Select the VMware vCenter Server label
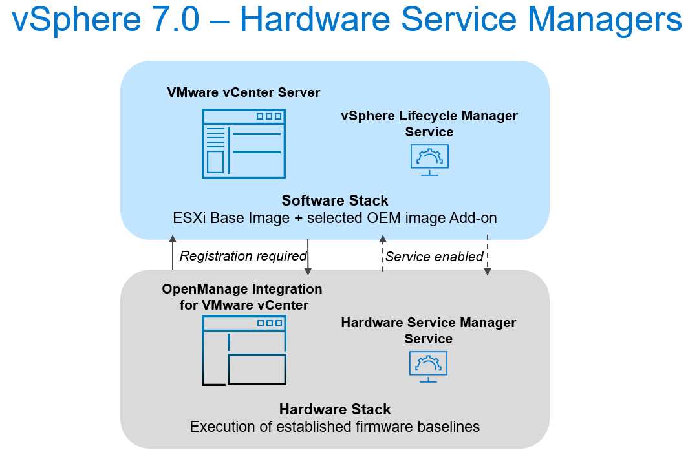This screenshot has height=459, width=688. click(x=243, y=92)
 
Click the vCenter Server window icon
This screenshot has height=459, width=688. click(x=243, y=144)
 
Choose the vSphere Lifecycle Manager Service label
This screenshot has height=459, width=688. click(x=429, y=123)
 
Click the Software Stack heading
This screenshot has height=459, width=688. click(x=335, y=200)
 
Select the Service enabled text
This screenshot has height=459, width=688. click(x=435, y=257)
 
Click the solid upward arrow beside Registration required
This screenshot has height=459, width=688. click(x=173, y=253)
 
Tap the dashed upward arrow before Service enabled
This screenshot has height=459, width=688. click(x=382, y=253)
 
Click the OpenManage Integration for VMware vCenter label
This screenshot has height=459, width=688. click(x=242, y=297)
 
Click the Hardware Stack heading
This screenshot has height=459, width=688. click(x=335, y=409)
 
